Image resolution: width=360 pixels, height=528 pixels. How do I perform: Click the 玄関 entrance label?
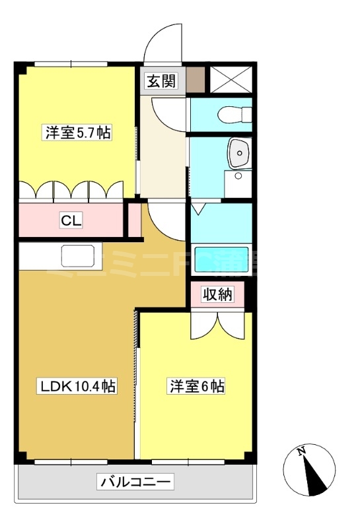pyautogui.click(x=161, y=81)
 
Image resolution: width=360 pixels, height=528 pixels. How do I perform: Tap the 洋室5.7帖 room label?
pyautogui.click(x=77, y=132)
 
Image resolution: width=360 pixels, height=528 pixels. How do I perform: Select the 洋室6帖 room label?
pyautogui.click(x=197, y=387)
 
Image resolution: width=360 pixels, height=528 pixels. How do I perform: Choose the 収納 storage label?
pyautogui.click(x=217, y=295)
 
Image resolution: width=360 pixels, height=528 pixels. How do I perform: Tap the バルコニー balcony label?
pyautogui.click(x=137, y=482)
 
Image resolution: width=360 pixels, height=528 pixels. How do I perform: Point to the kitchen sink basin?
pyautogui.click(x=79, y=255)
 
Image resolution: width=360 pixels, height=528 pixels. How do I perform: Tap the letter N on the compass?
pyautogui.click(x=301, y=452)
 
